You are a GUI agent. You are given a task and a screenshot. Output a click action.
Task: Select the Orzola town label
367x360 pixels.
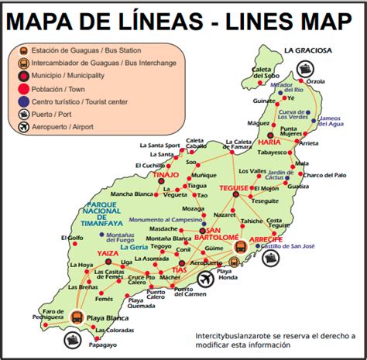click(x=315, y=81)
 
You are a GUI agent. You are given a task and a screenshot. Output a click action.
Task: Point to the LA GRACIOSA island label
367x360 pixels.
click(x=307, y=51)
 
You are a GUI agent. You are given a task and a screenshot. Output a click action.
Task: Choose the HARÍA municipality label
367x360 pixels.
click(x=269, y=142)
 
